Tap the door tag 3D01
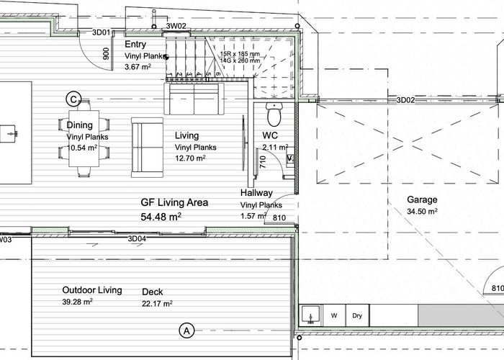pyautogui.click(x=102, y=32)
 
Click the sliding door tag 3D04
pyautogui.click(x=137, y=238)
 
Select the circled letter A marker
pyautogui.click(x=186, y=330)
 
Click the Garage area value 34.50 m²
pyautogui.click(x=422, y=212)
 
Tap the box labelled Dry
pyautogui.click(x=356, y=315)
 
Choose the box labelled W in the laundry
pyautogui.click(x=333, y=315)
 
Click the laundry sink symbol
pyautogui.click(x=310, y=315)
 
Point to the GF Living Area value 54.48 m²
pyautogui.click(x=161, y=216)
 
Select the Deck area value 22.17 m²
pyautogui.click(x=157, y=304)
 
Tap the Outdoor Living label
pyautogui.click(x=91, y=290)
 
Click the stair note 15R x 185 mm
pyautogui.click(x=239, y=53)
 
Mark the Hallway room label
pyautogui.click(x=256, y=193)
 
